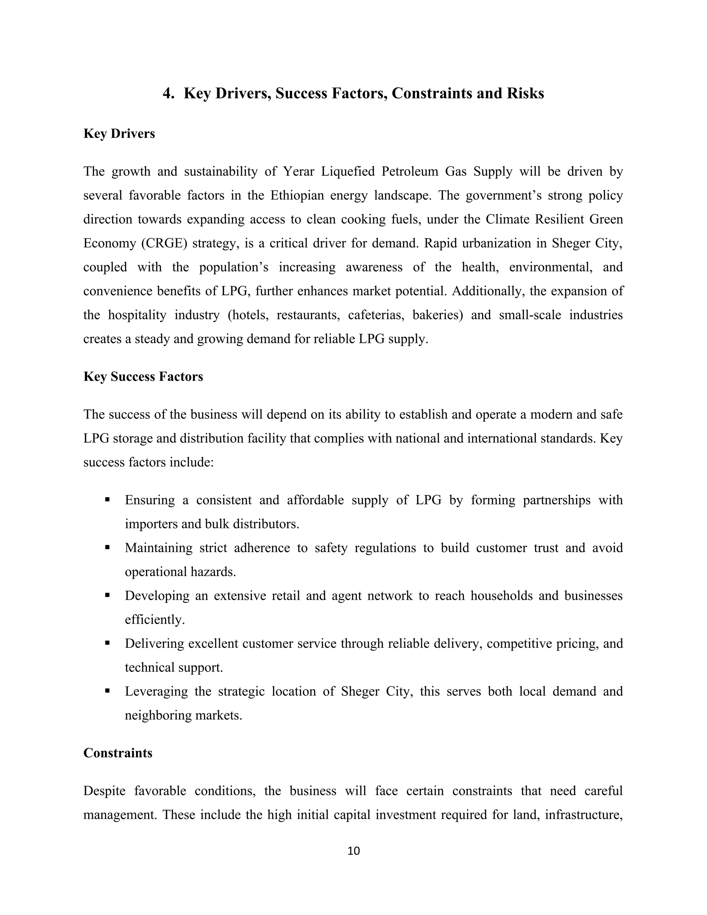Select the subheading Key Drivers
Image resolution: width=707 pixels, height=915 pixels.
(x=119, y=134)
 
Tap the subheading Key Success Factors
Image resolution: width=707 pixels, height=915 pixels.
(x=143, y=377)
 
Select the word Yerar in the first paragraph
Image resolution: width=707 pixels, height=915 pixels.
(x=298, y=172)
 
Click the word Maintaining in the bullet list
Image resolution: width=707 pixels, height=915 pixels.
(x=158, y=548)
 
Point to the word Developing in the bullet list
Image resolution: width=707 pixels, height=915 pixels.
(x=157, y=596)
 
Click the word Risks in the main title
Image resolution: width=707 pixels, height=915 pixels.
(x=525, y=93)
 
